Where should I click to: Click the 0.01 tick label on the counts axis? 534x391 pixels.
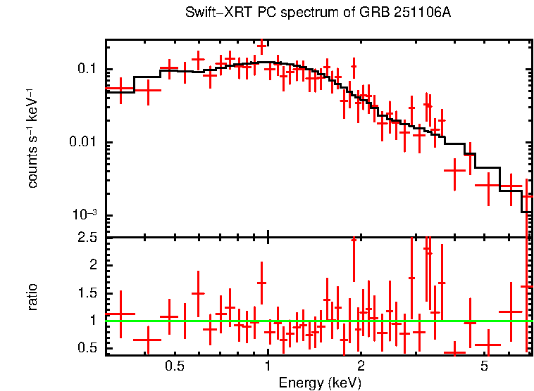(83, 143)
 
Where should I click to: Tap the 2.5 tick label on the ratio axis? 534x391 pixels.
(87, 238)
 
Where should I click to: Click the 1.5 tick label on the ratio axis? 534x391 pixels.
(87, 293)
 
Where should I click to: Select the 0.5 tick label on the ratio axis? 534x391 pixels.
(87, 348)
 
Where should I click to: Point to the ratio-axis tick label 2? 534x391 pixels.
(92, 265)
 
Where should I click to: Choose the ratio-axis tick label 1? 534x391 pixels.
(92, 321)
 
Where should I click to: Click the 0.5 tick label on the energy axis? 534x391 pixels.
(175, 367)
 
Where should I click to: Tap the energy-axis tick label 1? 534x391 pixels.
(268, 367)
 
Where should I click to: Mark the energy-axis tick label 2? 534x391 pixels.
(361, 367)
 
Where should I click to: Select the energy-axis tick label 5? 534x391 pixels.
(484, 367)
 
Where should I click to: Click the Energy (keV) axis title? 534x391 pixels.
(320, 383)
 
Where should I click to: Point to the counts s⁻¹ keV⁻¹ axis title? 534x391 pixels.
(32, 138)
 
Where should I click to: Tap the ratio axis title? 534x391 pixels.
(32, 297)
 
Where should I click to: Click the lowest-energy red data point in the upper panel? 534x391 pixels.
(120, 89)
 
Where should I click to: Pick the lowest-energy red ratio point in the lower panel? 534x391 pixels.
(120, 314)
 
